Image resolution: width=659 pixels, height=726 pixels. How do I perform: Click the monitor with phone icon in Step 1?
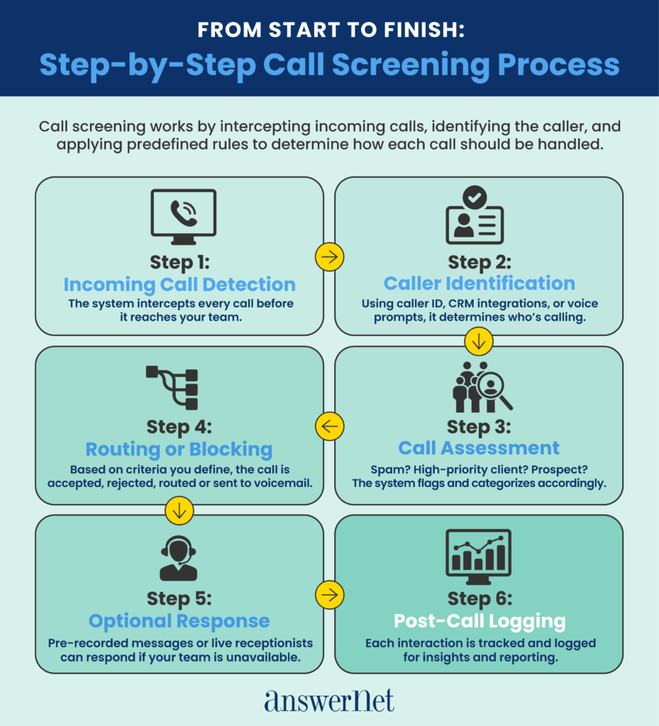pyautogui.click(x=183, y=216)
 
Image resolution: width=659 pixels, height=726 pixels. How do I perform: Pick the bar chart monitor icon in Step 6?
pyautogui.click(x=478, y=553)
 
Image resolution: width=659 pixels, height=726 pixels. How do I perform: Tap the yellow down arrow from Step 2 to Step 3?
pyautogui.click(x=479, y=342)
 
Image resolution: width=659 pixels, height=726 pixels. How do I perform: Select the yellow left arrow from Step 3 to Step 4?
pyautogui.click(x=329, y=425)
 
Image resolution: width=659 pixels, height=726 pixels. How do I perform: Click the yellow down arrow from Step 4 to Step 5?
pyautogui.click(x=179, y=508)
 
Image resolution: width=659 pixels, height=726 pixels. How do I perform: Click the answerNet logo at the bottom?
pyautogui.click(x=329, y=700)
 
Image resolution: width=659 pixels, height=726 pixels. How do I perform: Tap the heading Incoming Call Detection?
pyautogui.click(x=179, y=284)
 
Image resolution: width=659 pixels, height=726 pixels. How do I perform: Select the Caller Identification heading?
pyautogui.click(x=479, y=284)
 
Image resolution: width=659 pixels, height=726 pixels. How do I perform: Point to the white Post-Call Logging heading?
pyautogui.click(x=480, y=622)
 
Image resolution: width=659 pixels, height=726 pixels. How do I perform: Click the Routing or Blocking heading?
pyautogui.click(x=179, y=449)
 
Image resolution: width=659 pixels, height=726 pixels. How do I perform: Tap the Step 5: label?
pyautogui.click(x=179, y=599)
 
